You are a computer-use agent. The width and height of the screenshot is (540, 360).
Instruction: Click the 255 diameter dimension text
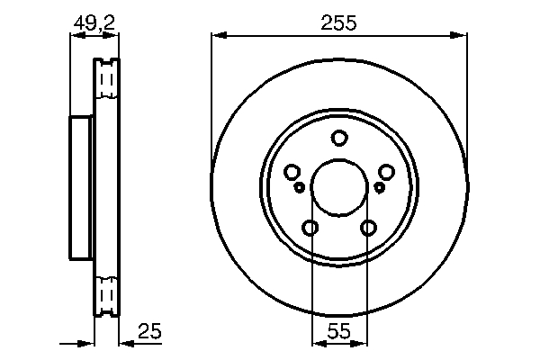coord(339,24)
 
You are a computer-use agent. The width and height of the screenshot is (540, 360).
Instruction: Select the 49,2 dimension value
coord(94,24)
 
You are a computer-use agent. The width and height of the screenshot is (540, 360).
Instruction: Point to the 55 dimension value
coord(338,332)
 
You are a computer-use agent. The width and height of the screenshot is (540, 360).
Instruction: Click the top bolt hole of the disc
coord(339,139)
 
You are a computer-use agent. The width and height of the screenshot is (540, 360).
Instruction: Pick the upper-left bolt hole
coord(292,172)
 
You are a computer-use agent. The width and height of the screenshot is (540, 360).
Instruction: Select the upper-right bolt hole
coord(387,172)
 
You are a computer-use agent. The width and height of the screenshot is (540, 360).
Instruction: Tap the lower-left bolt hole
coord(310,228)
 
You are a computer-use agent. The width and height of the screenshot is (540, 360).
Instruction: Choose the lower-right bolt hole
coord(368,228)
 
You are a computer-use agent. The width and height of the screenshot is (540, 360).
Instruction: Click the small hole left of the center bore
coord(300,187)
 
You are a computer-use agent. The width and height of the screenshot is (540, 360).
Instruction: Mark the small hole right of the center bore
coord(379,187)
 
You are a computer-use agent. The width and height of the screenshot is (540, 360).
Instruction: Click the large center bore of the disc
coord(339,187)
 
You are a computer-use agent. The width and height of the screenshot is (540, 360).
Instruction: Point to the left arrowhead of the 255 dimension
coord(217,36)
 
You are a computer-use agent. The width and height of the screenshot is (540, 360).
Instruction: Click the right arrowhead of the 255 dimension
coord(462,36)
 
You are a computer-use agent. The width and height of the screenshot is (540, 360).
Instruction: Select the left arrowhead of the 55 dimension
coord(315,343)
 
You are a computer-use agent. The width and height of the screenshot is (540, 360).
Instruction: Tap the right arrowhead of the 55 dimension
coord(363,343)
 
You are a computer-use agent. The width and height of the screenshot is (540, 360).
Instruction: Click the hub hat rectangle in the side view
coord(81,187)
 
